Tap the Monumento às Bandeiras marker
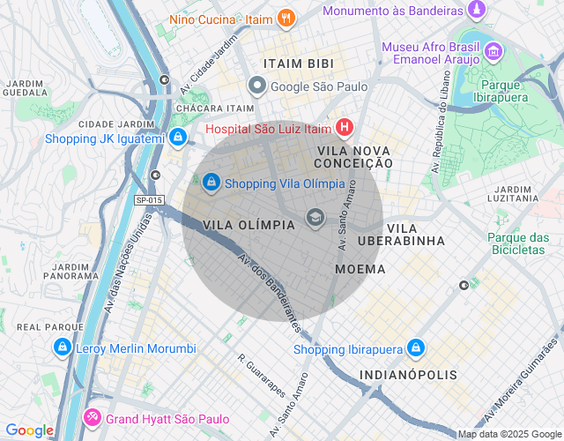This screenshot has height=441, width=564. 477,11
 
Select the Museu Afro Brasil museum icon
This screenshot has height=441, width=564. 493,52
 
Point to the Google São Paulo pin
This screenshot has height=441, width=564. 257,86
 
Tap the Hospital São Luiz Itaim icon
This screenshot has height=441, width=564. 344,129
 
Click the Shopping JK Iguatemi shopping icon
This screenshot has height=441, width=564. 178,138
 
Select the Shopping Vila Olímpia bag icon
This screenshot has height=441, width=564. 211,183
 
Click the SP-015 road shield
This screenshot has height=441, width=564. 149,200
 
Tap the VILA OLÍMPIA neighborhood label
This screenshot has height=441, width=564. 249,225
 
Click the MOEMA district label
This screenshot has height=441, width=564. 360,268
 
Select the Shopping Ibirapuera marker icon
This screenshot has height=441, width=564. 416,349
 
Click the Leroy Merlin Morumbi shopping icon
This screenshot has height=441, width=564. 62,348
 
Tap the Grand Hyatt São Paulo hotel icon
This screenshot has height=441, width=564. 92,418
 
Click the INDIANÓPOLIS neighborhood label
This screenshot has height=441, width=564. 408,375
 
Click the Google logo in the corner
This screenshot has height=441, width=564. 29,430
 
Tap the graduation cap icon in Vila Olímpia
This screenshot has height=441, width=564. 315,218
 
